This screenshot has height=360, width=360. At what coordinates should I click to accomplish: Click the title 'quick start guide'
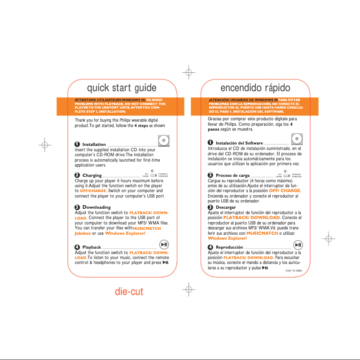(122, 88)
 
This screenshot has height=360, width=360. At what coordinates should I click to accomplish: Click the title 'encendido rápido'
(255, 88)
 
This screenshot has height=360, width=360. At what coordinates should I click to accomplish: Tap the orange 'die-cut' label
(129, 292)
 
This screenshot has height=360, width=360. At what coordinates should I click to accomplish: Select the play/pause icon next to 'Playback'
(164, 245)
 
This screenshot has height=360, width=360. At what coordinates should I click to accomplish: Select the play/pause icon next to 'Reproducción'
(298, 245)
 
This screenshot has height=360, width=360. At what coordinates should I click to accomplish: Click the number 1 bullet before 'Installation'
(77, 144)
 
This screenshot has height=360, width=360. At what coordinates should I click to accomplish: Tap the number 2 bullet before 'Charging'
(77, 175)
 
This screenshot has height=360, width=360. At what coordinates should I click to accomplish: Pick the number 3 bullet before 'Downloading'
(77, 207)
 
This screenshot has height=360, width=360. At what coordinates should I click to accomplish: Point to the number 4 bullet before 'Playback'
(77, 247)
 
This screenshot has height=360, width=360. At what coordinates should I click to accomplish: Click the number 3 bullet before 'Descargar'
(211, 207)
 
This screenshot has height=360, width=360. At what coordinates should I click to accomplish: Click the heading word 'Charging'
(92, 176)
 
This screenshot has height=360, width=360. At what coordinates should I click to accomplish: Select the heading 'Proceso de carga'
(233, 176)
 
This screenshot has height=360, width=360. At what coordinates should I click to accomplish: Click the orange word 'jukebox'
(83, 233)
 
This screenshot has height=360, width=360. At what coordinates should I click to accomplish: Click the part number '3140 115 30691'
(294, 271)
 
